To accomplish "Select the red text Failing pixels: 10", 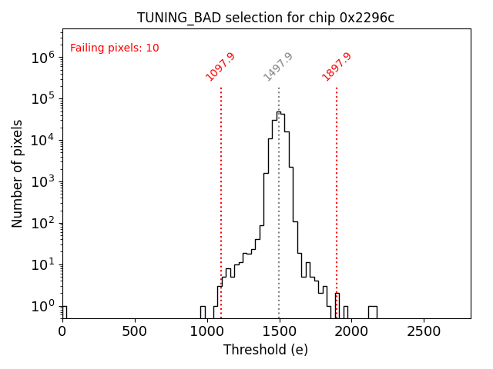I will (x=115, y=48).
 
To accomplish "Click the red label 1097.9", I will (x=220, y=67).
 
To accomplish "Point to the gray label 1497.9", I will (x=278, y=67).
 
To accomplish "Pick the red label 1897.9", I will (x=337, y=67).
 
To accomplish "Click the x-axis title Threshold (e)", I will (x=266, y=350).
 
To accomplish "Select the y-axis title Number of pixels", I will (x=18, y=173).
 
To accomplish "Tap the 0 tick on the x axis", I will (x=63, y=331).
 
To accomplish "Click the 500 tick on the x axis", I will (x=136, y=331).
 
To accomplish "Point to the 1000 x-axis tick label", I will (x=207, y=331).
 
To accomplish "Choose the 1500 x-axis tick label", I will (x=280, y=331).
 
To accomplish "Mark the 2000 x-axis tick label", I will (x=352, y=331).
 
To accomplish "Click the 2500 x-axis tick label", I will (x=424, y=331).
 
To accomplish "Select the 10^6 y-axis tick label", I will (x=42, y=58).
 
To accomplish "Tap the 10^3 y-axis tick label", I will (x=42, y=182).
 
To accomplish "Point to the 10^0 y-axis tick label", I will (x=42, y=307).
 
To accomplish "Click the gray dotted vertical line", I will (x=279, y=231).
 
